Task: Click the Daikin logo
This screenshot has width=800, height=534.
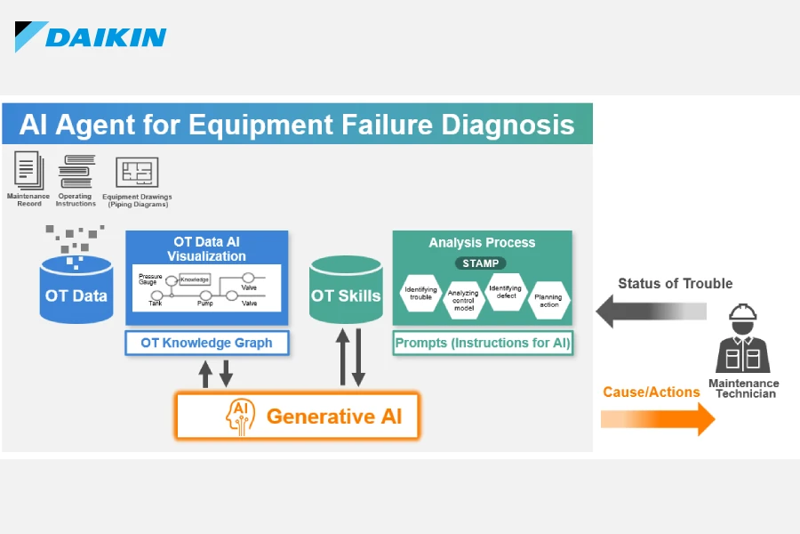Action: click(x=91, y=36)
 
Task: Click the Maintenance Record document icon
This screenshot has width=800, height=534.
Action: click(x=28, y=170)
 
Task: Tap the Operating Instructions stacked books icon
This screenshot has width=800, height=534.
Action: click(x=76, y=172)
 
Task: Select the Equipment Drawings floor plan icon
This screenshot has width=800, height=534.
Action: click(x=137, y=172)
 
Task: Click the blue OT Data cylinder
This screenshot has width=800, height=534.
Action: click(x=76, y=290)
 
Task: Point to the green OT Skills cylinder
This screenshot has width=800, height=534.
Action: click(x=346, y=290)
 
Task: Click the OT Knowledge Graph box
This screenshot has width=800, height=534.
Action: click(x=206, y=343)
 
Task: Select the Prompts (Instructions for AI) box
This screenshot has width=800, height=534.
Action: click(x=483, y=343)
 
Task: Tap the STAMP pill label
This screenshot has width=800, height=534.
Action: click(x=481, y=263)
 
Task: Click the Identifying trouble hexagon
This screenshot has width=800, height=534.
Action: click(x=421, y=293)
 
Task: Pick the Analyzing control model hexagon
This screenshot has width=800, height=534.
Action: click(x=464, y=301)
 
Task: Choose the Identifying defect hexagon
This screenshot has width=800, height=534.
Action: click(x=506, y=292)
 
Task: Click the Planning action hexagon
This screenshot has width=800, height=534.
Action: click(x=548, y=301)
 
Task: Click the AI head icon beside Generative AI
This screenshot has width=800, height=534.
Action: click(x=240, y=417)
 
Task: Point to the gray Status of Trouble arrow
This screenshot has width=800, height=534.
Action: click(x=651, y=311)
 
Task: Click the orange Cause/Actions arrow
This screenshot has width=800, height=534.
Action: click(x=658, y=419)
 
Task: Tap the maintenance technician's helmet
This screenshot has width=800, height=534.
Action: click(x=743, y=311)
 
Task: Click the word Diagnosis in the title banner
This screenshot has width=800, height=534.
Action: click(x=508, y=125)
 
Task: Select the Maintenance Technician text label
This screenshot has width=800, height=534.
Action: click(x=744, y=388)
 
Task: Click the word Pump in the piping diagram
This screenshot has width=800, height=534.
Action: click(x=205, y=303)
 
